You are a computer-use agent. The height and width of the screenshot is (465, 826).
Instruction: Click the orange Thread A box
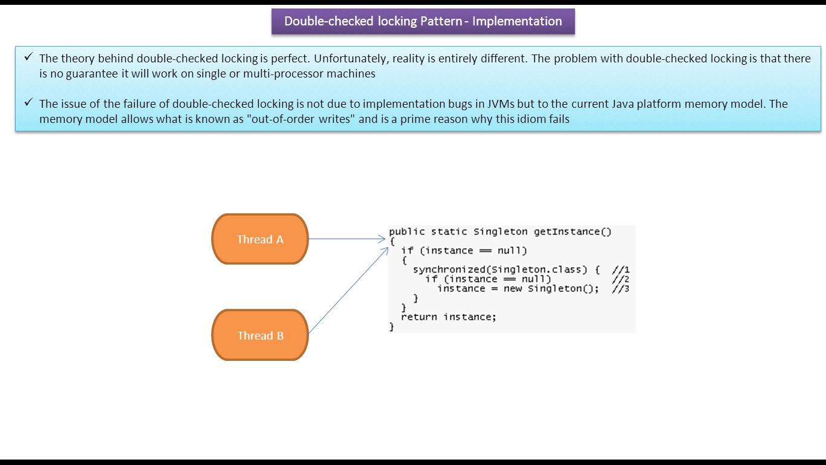coord(260,239)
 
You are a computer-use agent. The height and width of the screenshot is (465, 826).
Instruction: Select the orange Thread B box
coord(260,335)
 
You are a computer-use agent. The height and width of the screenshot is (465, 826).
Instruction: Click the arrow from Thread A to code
coord(347,239)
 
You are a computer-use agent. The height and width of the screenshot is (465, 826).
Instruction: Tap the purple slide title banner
coord(423,21)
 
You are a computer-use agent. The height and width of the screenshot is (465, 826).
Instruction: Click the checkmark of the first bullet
coord(28,57)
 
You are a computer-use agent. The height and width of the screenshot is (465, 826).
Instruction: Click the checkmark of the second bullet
coord(28,102)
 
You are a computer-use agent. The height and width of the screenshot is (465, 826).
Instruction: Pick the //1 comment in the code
coord(620,269)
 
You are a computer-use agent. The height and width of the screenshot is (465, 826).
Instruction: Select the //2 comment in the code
coord(620,279)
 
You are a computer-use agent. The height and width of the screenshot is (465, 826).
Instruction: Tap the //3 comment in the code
coord(620,289)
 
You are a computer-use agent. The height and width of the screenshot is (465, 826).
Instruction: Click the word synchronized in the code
coord(449,269)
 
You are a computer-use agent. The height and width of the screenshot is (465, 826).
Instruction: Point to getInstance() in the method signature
coord(573,232)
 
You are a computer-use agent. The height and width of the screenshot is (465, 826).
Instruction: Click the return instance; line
coord(448,317)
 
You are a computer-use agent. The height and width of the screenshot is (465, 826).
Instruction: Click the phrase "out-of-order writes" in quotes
coord(301,119)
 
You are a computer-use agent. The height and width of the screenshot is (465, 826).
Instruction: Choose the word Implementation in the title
coord(517,21)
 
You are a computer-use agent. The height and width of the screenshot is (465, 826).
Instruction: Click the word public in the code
coord(407,232)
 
